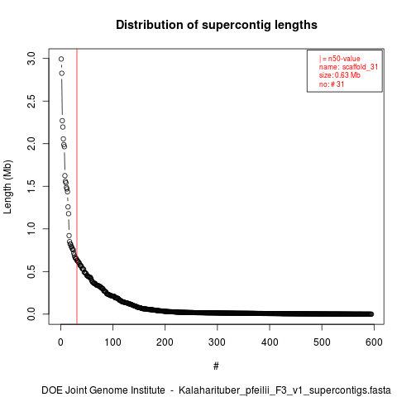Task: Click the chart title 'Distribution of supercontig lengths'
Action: (217, 25)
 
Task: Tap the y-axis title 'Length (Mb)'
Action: (7, 187)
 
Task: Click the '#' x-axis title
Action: (216, 366)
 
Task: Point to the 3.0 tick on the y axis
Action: (31, 59)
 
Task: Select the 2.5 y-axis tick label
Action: (31, 101)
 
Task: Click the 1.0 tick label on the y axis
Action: (31, 229)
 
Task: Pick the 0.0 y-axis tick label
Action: (31, 314)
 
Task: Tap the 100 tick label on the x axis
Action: (112, 342)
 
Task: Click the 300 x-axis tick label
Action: (218, 342)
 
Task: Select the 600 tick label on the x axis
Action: (374, 342)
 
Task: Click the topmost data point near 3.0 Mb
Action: (61, 59)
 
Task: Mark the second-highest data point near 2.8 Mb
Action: (62, 74)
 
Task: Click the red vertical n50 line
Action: (77, 186)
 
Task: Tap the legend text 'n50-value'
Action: (344, 59)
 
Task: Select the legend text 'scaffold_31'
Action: (360, 67)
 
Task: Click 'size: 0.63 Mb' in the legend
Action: (340, 75)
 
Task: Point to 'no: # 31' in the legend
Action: (332, 84)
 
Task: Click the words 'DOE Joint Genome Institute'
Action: (103, 390)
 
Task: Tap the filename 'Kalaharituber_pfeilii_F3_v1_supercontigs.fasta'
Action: (285, 390)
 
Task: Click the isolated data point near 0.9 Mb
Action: (69, 236)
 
